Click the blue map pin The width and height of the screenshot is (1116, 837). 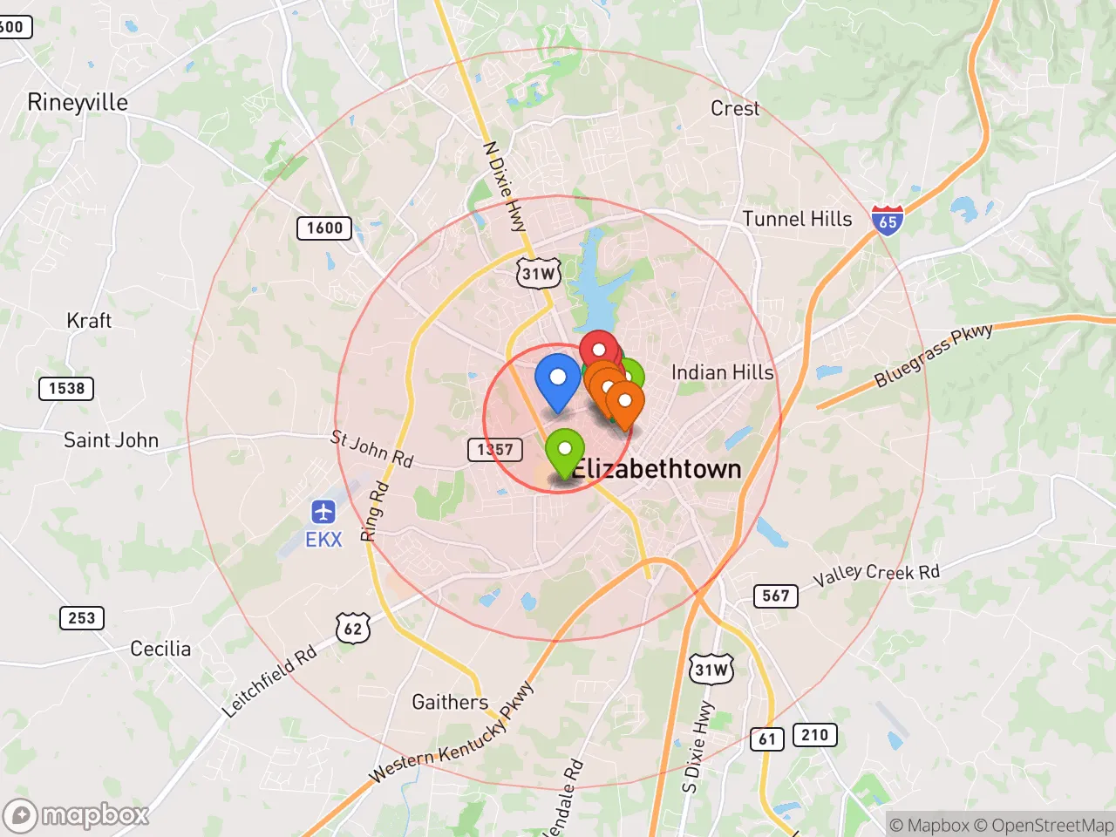tap(557, 379)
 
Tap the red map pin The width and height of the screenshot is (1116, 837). tap(599, 350)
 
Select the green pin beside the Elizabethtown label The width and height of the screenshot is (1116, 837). tap(565, 451)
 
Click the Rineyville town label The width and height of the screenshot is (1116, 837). tap(78, 102)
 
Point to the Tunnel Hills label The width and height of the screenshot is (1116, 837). tap(797, 219)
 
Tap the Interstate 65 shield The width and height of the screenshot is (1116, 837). tap(887, 220)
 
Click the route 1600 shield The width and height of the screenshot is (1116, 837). tap(324, 228)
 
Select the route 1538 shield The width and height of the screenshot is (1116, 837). tap(66, 388)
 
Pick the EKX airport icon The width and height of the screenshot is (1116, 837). tap(323, 512)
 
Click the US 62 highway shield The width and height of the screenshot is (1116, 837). tap(352, 628)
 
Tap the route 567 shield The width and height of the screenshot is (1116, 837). tap(775, 596)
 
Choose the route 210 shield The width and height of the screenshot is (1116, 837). tap(814, 735)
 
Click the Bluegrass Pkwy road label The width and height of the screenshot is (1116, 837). tap(933, 355)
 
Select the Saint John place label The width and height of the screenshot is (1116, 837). tap(111, 440)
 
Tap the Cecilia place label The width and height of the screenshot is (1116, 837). tap(160, 649)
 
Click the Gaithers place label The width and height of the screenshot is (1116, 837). tap(450, 702)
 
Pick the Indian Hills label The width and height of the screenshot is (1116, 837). tap(722, 372)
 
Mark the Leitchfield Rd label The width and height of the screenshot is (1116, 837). tap(269, 682)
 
